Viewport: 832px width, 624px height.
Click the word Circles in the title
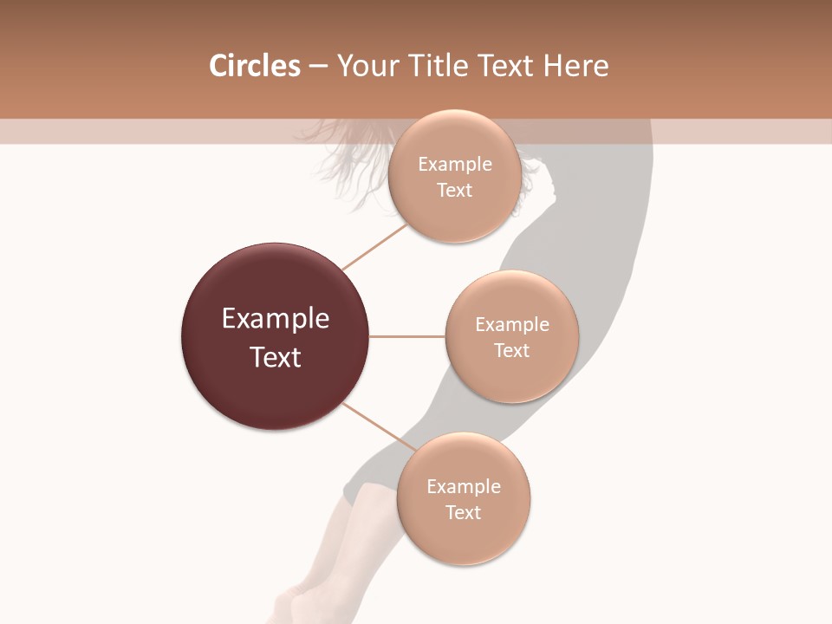[x=255, y=66]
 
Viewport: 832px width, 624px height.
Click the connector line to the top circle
[x=374, y=246]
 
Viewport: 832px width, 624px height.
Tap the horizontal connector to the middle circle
[x=407, y=336]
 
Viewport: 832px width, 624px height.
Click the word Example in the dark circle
[x=276, y=319]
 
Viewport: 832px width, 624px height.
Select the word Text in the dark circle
[x=276, y=357]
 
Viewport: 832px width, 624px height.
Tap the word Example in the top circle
[x=455, y=165]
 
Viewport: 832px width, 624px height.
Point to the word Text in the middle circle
[x=511, y=350]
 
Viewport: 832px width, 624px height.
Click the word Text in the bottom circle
[x=463, y=512]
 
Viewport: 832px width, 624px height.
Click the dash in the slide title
[x=318, y=67]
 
